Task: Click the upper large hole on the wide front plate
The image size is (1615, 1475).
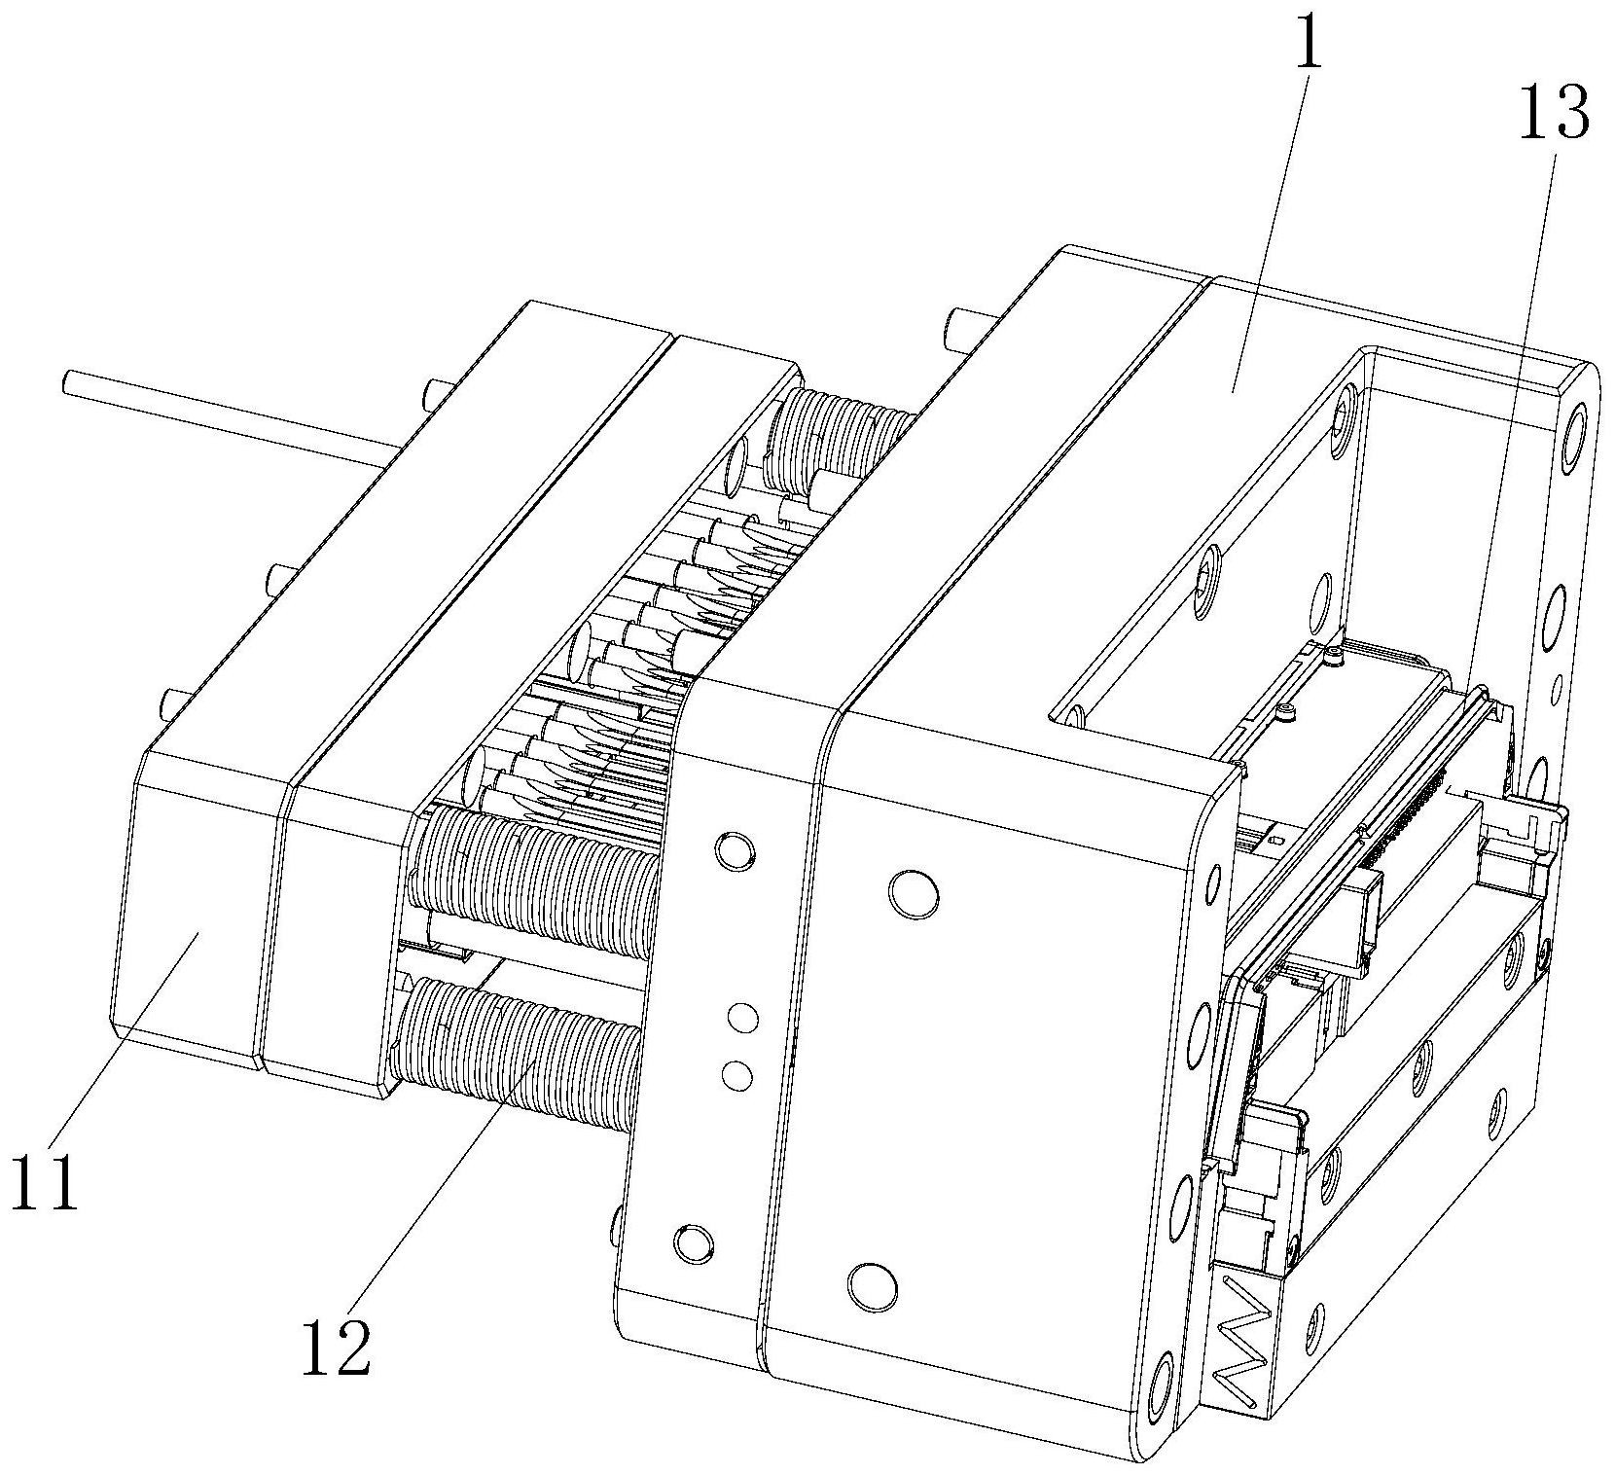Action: tap(915, 894)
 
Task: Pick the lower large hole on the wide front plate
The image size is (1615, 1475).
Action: tap(871, 1287)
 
